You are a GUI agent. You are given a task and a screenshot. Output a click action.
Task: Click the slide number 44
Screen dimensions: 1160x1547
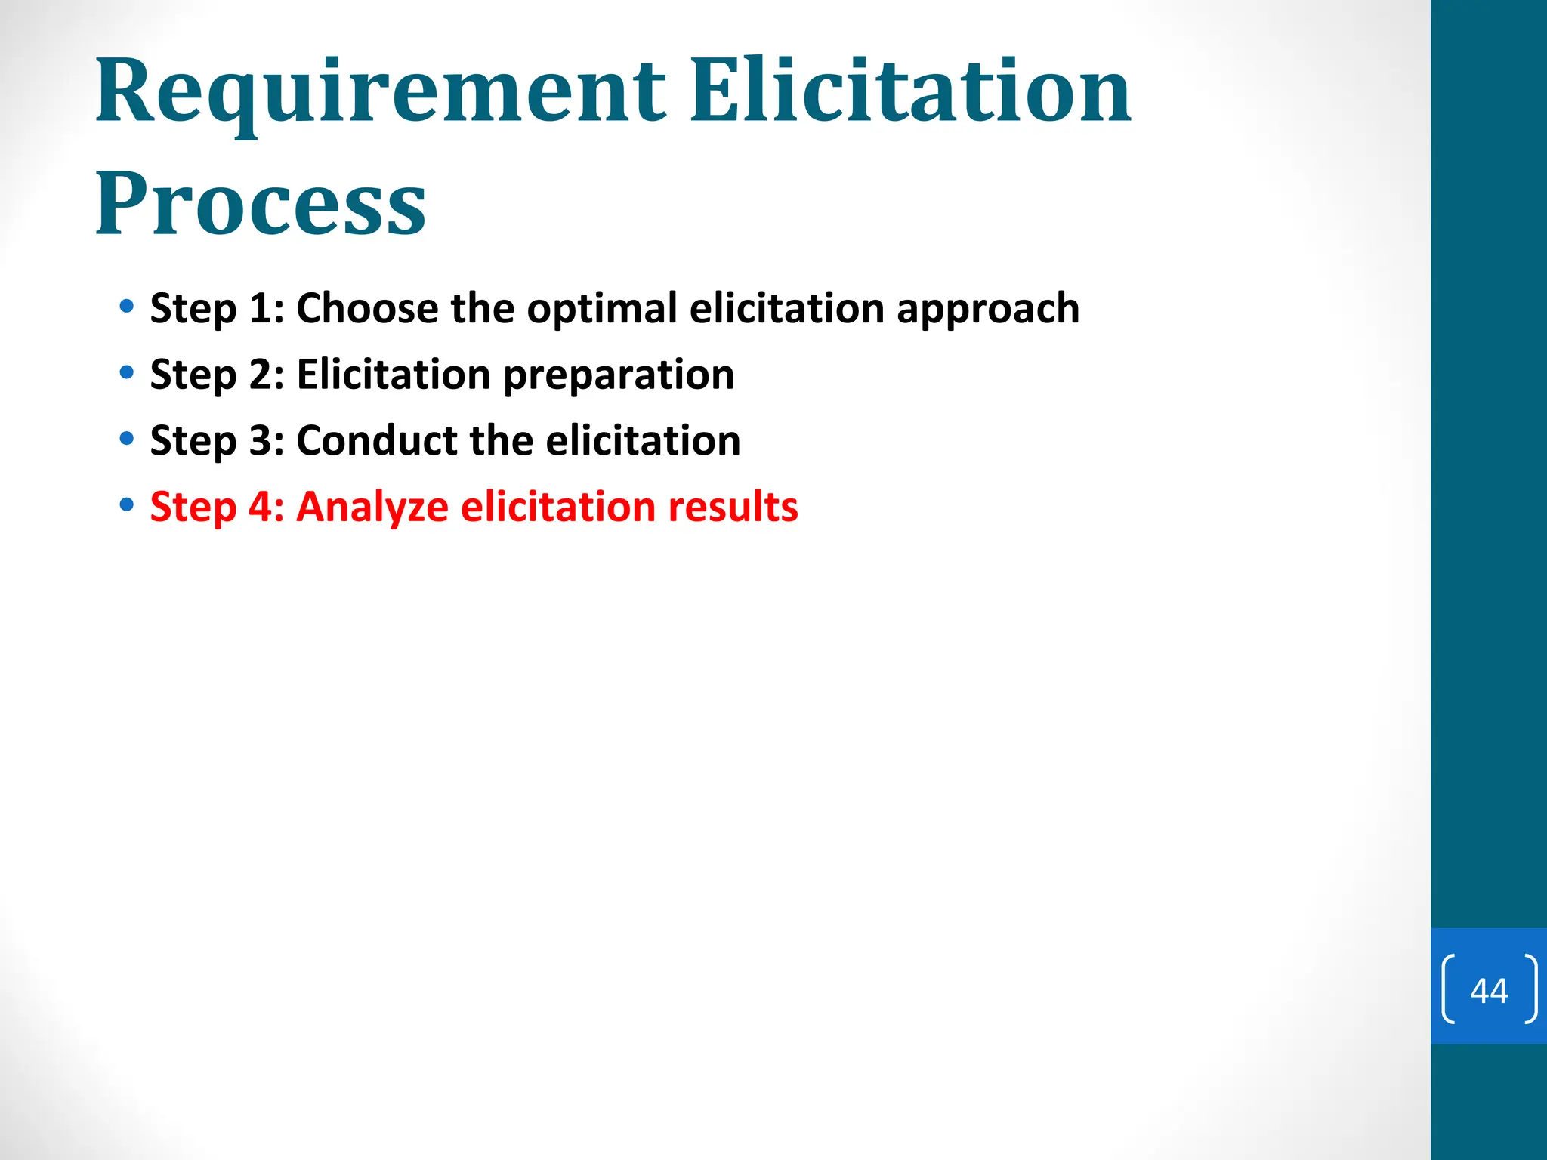1489,990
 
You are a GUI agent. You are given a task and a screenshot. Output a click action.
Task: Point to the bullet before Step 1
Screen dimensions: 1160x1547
127,307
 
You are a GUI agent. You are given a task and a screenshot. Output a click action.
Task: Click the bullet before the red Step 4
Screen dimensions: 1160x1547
127,504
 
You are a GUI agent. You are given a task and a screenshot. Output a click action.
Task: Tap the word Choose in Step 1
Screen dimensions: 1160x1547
367,308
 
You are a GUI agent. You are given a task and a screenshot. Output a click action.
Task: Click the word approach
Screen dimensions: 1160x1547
987,310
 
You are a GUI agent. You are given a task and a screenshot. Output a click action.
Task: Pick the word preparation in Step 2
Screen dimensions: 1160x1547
618,375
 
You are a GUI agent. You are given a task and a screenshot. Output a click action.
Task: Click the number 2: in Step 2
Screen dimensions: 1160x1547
267,375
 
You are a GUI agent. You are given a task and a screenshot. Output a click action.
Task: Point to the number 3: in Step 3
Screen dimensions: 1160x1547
267,440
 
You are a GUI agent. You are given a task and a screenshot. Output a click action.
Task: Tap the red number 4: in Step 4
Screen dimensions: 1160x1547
267,507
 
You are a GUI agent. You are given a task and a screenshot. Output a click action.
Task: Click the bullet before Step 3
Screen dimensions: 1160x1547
127,439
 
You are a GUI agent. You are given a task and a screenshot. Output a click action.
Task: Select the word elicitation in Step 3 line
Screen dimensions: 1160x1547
642,440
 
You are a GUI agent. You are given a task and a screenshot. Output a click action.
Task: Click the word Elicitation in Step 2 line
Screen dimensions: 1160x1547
393,375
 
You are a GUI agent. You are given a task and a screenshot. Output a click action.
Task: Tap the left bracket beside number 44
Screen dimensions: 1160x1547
1448,989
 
